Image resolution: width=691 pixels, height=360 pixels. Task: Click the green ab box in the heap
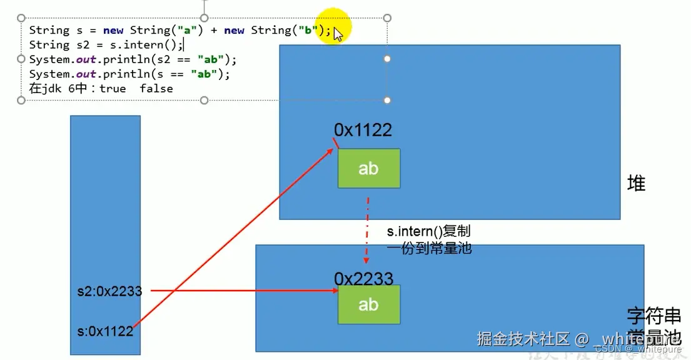click(x=368, y=168)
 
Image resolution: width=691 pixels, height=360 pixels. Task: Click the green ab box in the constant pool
click(x=368, y=304)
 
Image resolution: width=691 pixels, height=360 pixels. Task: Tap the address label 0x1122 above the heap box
click(x=363, y=130)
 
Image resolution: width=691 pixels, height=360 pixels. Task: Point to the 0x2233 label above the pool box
click(x=363, y=278)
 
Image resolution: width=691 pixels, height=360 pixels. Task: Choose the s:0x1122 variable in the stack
click(x=104, y=331)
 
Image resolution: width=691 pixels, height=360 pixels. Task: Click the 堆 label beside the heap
click(x=636, y=184)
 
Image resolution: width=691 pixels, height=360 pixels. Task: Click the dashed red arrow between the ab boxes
click(x=367, y=225)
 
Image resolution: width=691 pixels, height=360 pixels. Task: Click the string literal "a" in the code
click(x=186, y=30)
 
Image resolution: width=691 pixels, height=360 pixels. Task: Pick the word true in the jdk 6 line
click(x=113, y=88)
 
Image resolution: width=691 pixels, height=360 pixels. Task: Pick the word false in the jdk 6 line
click(x=156, y=88)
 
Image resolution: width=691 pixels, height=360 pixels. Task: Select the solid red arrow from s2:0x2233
click(x=244, y=291)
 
